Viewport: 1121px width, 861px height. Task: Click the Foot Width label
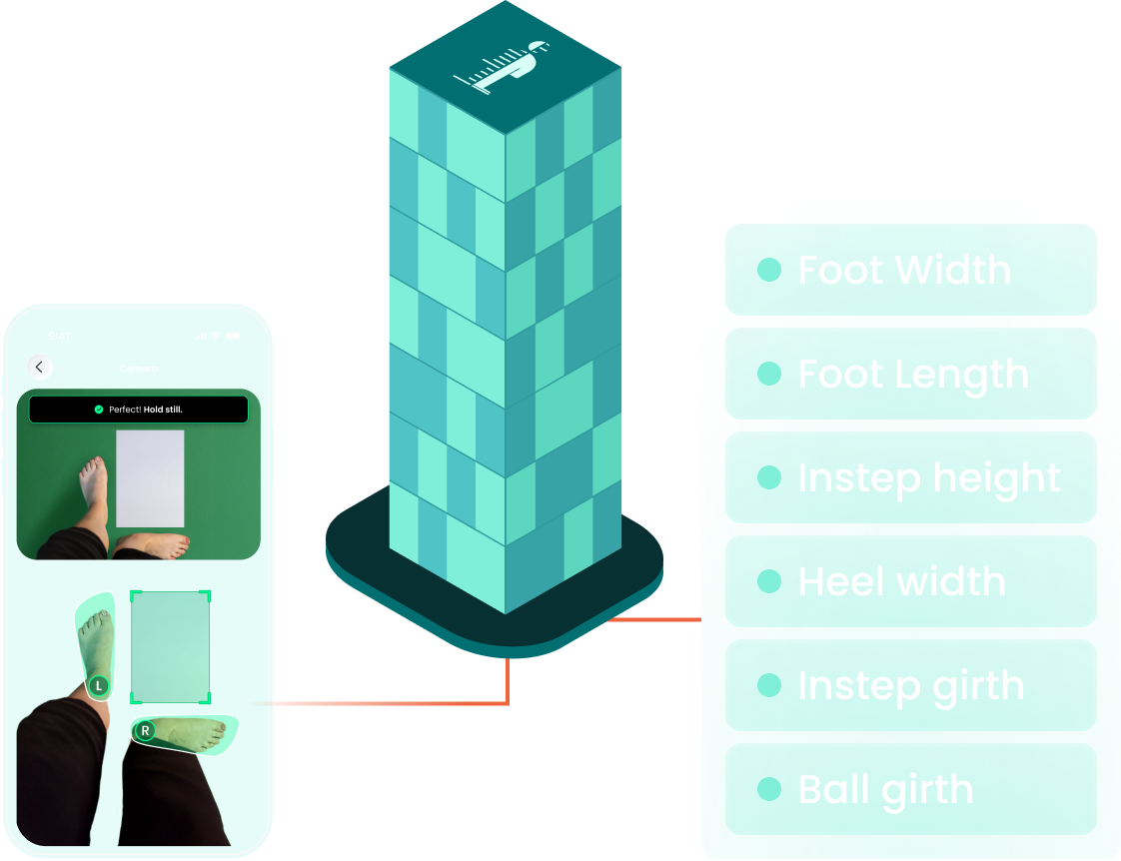click(x=903, y=270)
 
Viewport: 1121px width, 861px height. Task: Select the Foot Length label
click(x=912, y=375)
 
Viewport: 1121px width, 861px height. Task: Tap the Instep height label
click(x=928, y=477)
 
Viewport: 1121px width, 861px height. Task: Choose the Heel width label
click(x=901, y=581)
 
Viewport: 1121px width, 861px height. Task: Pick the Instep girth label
click(x=910, y=685)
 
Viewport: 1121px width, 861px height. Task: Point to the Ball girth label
click(x=885, y=789)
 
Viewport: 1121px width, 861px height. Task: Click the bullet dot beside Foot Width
click(x=768, y=270)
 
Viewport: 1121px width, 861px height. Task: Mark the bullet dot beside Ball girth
click(x=768, y=789)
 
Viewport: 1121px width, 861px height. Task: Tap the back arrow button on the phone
click(x=39, y=367)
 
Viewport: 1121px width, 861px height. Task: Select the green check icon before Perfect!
click(x=98, y=410)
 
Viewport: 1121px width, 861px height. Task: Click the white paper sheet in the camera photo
click(x=150, y=477)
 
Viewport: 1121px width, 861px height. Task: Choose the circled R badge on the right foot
click(x=145, y=731)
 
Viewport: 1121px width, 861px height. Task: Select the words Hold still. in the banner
click(x=163, y=410)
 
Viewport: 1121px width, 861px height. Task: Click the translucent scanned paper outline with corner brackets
click(x=171, y=647)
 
